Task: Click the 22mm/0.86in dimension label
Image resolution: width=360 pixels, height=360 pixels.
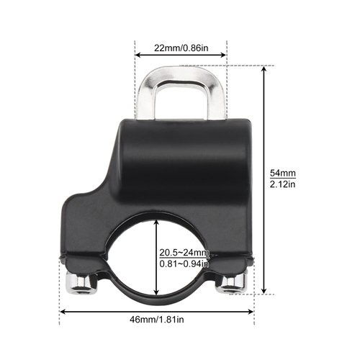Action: pos(181,48)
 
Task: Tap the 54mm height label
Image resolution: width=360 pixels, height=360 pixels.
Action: pos(282,174)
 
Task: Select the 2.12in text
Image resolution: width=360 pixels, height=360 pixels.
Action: pos(282,186)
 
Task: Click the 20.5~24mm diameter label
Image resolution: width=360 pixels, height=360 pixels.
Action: pos(184,252)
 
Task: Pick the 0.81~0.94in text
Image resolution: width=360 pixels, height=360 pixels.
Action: pos(184,264)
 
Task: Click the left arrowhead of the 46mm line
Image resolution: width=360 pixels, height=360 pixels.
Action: pos(63,312)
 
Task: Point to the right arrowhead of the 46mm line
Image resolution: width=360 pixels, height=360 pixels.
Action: pos(252,312)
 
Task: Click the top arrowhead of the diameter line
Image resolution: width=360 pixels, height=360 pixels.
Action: pos(157,223)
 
